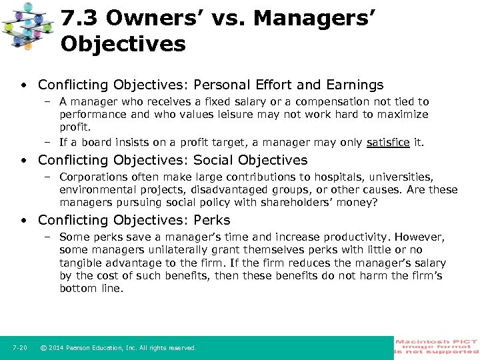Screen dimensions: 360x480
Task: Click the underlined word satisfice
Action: click(388, 142)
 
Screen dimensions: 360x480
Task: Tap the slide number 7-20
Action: click(19, 348)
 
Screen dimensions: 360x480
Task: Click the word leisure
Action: click(235, 115)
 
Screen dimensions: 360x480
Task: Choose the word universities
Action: click(399, 177)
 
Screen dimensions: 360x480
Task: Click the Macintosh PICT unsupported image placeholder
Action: click(437, 347)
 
